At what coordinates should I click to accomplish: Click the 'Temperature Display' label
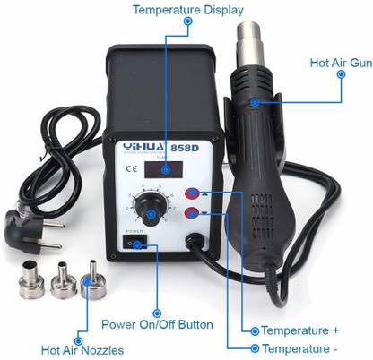point(187,11)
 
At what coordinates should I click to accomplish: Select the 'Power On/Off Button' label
point(159,323)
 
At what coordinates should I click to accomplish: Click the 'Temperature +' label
point(299,330)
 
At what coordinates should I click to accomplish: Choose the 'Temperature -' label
point(299,347)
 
